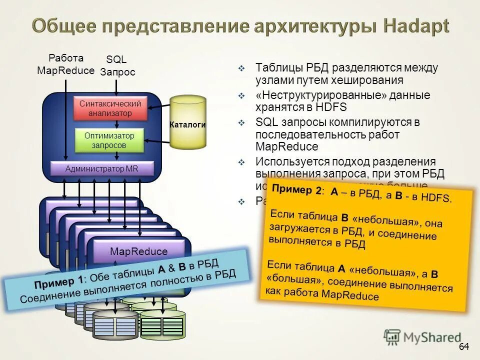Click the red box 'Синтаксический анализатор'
click(110, 108)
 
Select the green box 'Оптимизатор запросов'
click(108, 140)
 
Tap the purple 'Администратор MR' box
click(102, 168)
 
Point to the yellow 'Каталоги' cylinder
click(187, 123)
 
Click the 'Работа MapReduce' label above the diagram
click(65, 64)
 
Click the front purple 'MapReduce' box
click(139, 251)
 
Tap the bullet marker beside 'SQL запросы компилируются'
click(241, 122)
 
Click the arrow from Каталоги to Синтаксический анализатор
click(160, 105)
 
